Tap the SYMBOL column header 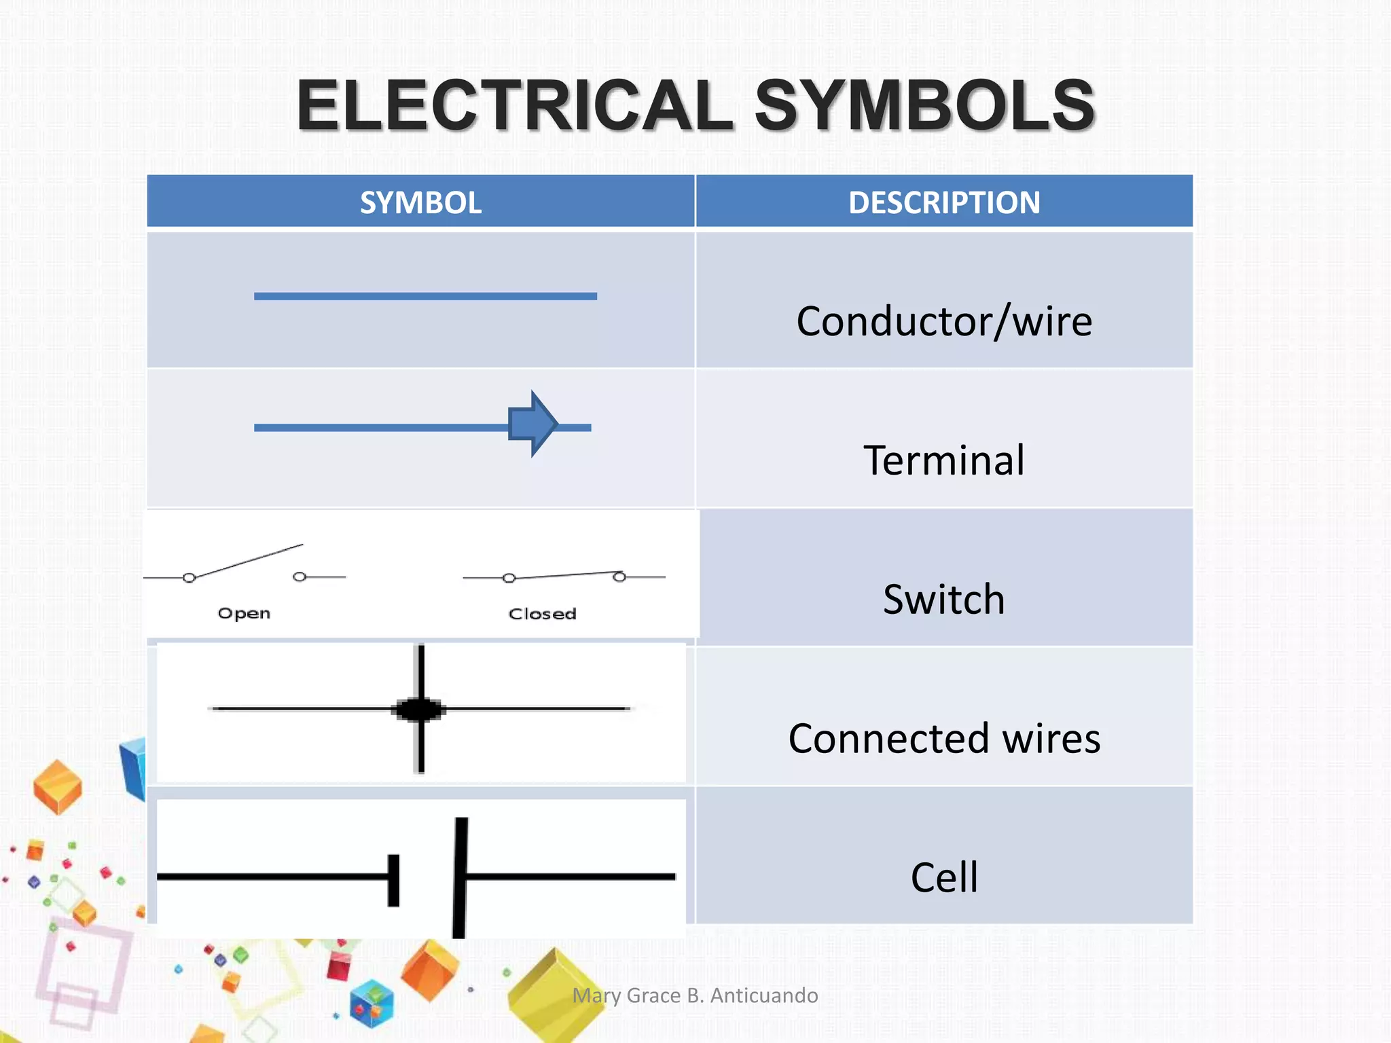click(420, 202)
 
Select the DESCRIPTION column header click(944, 202)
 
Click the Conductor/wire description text click(944, 321)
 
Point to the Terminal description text click(944, 460)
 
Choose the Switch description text click(944, 600)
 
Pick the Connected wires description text click(944, 739)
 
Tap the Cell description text click(944, 877)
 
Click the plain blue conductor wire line click(425, 296)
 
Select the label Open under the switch click(244, 613)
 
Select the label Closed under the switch click(542, 614)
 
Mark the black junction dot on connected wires click(420, 710)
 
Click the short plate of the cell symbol click(394, 880)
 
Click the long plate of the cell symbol click(460, 877)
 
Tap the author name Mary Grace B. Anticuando click(695, 995)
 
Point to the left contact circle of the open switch click(189, 578)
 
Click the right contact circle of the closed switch click(619, 577)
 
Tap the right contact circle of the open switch click(300, 577)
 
